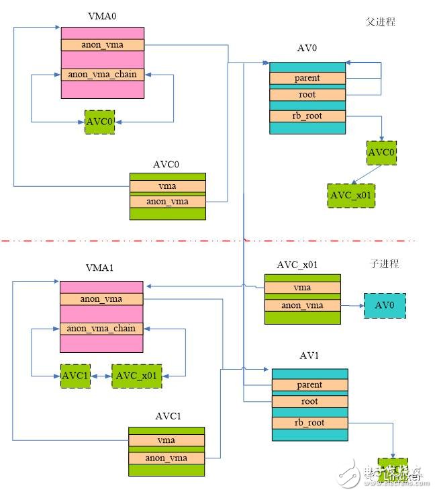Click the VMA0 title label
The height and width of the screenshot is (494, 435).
pyautogui.click(x=102, y=15)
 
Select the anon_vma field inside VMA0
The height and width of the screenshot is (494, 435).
pyautogui.click(x=102, y=45)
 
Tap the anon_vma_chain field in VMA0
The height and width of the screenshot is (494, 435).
pyautogui.click(x=102, y=74)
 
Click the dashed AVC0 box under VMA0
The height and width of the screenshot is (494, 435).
pyautogui.click(x=99, y=122)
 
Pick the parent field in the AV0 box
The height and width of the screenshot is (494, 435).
pyautogui.click(x=307, y=78)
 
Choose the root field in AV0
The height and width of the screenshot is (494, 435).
pyautogui.click(x=307, y=95)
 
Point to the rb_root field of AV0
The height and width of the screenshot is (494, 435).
pyautogui.click(x=307, y=116)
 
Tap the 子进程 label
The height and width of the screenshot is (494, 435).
pyautogui.click(x=385, y=263)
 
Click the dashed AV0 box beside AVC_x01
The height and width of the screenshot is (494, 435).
pyautogui.click(x=385, y=305)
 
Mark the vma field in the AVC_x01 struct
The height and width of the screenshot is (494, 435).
pyautogui.click(x=302, y=288)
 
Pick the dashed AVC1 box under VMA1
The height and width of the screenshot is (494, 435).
pyautogui.click(x=75, y=375)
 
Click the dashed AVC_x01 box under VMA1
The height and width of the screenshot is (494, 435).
pyautogui.click(x=138, y=375)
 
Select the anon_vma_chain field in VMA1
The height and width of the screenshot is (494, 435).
pyautogui.click(x=101, y=329)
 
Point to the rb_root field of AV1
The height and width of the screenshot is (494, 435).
pyautogui.click(x=309, y=423)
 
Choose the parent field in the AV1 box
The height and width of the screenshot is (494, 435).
pyautogui.click(x=309, y=385)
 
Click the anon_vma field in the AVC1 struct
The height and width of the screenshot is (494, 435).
pyautogui.click(x=166, y=458)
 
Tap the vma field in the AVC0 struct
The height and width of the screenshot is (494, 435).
pyautogui.click(x=167, y=186)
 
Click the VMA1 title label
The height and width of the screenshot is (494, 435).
pyautogui.click(x=101, y=267)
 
